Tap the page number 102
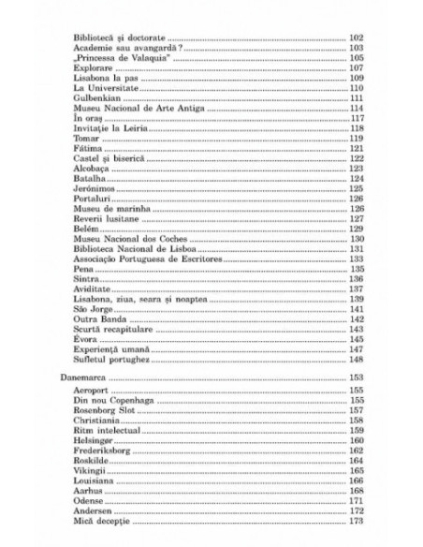point(355,37)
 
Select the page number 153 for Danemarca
point(355,376)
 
